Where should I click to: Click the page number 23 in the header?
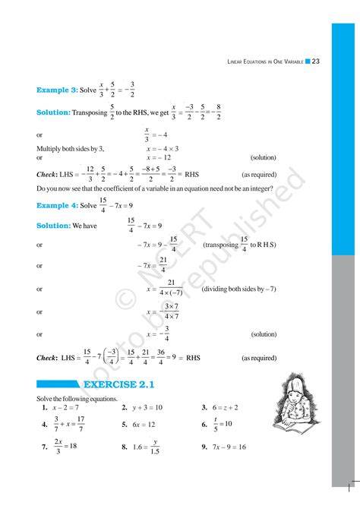(316, 62)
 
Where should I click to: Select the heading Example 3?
(57, 90)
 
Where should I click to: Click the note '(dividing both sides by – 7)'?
(236, 289)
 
